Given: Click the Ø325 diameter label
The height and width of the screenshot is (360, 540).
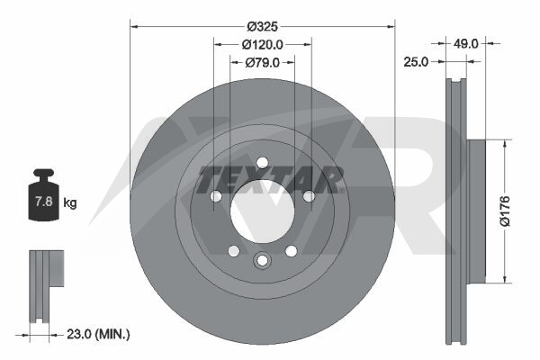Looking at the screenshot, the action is click(x=263, y=26).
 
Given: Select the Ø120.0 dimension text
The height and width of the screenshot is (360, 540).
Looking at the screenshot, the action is click(x=263, y=44).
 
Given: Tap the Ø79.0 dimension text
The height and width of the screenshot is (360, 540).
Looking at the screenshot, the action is click(x=263, y=63).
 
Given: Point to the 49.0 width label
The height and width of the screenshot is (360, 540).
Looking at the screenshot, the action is click(x=465, y=44).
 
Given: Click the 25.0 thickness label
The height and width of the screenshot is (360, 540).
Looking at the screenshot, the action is click(x=416, y=62).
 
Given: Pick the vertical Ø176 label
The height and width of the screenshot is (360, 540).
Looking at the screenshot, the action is click(x=505, y=211).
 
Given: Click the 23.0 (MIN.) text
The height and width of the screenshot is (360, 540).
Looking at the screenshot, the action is click(x=98, y=334).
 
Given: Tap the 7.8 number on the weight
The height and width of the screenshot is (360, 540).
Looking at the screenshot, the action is click(x=44, y=201).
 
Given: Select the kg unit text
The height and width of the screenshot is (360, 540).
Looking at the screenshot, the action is click(x=70, y=202).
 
